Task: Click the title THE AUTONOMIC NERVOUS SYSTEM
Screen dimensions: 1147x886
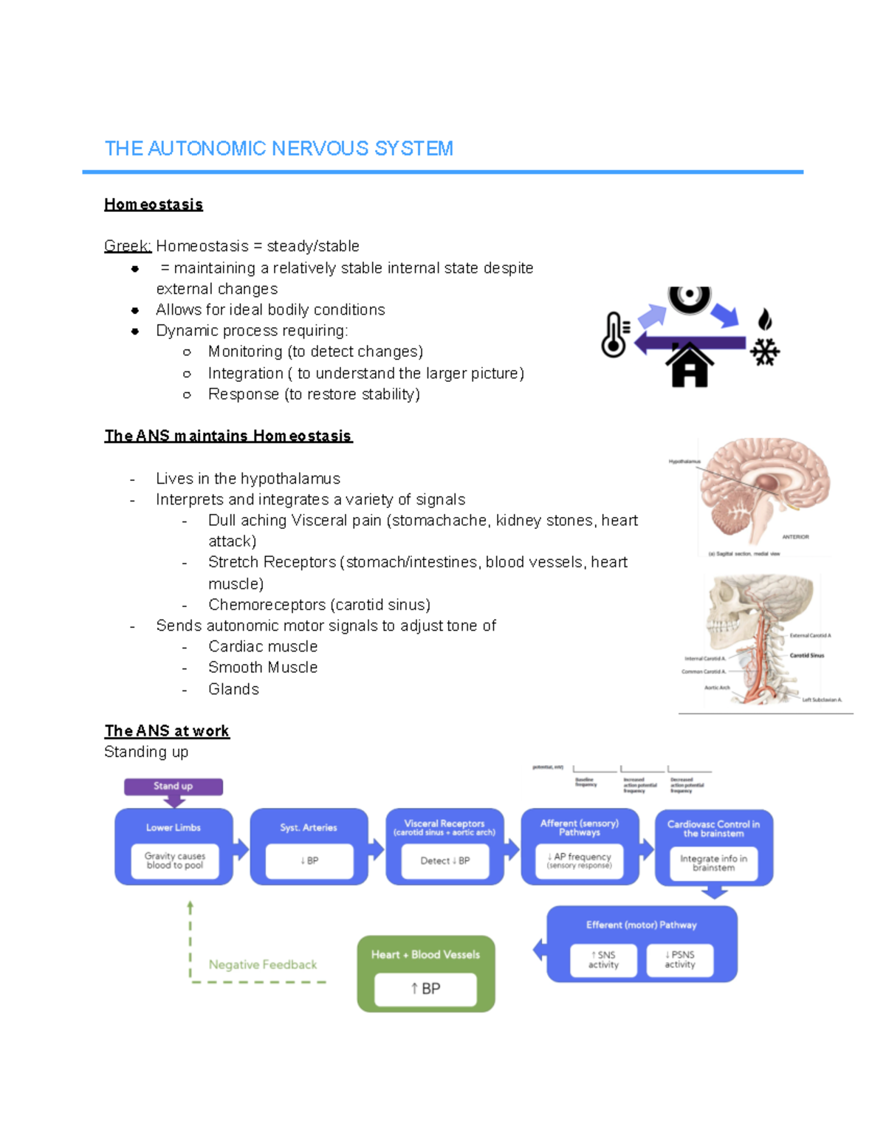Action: [x=278, y=148]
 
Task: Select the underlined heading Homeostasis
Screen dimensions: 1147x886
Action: [x=154, y=205]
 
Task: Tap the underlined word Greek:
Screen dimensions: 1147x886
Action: [x=128, y=246]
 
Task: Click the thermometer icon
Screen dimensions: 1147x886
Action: [x=614, y=335]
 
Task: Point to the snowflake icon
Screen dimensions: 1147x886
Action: [x=765, y=352]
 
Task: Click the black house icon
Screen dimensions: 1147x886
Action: [x=690, y=365]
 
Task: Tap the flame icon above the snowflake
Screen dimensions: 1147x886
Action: [x=765, y=319]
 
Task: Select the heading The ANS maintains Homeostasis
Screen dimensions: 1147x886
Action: [x=228, y=436]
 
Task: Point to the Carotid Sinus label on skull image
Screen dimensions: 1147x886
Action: [x=806, y=655]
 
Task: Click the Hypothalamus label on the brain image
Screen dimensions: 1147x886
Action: [x=684, y=462]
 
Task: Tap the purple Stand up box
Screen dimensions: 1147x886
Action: [x=173, y=787]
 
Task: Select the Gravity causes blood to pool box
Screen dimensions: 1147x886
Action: [x=175, y=861]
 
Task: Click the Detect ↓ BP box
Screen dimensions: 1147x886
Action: [x=444, y=861]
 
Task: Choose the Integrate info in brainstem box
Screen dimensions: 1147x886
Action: [x=713, y=863]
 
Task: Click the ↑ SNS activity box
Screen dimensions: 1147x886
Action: [x=603, y=960]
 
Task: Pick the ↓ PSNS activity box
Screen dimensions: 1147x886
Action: [x=680, y=960]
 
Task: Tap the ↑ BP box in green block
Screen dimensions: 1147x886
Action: [x=425, y=989]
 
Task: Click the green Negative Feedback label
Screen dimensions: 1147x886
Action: [x=262, y=965]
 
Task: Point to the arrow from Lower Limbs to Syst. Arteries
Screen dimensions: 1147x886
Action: [x=241, y=849]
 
